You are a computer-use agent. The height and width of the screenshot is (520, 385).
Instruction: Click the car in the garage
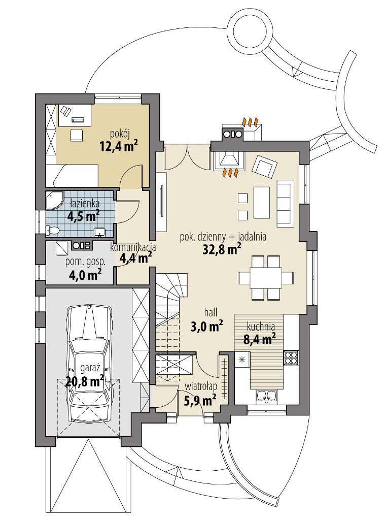click(x=89, y=363)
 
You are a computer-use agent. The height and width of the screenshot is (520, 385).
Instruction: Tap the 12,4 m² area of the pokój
click(x=119, y=146)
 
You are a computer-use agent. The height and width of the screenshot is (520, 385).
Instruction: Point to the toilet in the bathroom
click(x=52, y=230)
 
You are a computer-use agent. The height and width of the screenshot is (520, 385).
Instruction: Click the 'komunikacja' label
click(x=133, y=247)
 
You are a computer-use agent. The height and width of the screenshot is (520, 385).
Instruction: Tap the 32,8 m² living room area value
click(x=221, y=249)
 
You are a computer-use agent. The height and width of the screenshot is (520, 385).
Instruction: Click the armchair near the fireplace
click(x=264, y=166)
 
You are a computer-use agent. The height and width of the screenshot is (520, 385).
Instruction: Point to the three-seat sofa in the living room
click(x=285, y=204)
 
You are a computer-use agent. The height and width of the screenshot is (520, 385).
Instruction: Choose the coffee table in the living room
click(x=261, y=202)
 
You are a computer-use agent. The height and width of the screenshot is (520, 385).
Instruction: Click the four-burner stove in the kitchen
click(x=291, y=357)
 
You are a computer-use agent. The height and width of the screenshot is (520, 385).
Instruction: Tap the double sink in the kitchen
click(x=266, y=396)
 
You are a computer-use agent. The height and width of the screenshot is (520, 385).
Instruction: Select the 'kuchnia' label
click(x=261, y=327)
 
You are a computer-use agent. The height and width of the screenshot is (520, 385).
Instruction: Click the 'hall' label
click(x=211, y=312)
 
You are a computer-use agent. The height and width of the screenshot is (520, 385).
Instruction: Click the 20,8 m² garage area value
click(x=84, y=382)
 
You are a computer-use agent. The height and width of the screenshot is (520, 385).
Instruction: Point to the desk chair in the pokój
click(x=76, y=134)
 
